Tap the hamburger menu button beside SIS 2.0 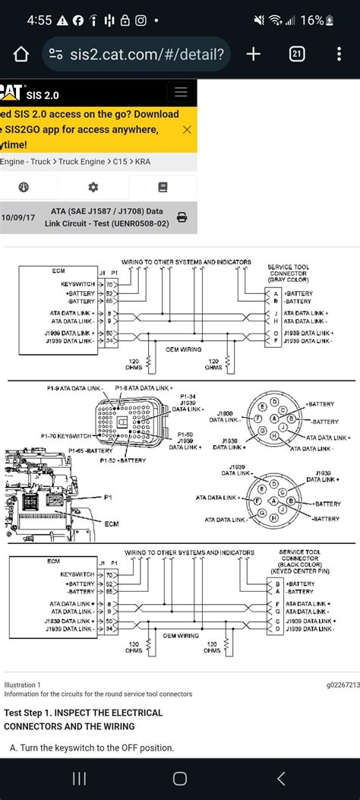coord(181,93)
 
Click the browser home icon coord(21,54)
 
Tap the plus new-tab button coord(253,54)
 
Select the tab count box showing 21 coord(297,54)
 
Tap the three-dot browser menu coord(339,54)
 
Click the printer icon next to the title coord(182,217)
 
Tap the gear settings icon coord(93,188)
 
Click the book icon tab coord(163,188)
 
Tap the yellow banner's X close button coord(186,129)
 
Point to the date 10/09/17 coord(18,217)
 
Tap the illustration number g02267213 coord(343,685)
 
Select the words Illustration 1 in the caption coord(23,685)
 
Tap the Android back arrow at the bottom coord(281,778)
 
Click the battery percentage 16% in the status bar coord(311,21)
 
